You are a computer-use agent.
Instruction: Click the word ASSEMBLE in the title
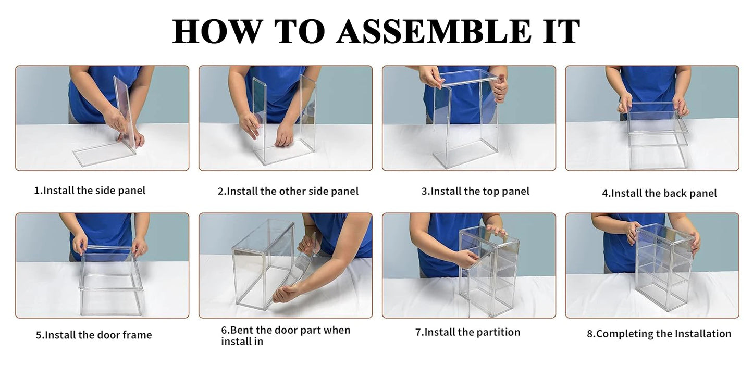pyautogui.click(x=434, y=31)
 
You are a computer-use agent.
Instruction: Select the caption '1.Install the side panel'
pyautogui.click(x=90, y=191)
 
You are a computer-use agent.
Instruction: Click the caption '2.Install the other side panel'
pyautogui.click(x=288, y=191)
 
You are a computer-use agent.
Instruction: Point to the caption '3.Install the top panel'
pyautogui.click(x=475, y=191)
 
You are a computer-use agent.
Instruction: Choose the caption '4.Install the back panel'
pyautogui.click(x=659, y=193)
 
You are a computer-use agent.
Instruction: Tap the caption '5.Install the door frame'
pyautogui.click(x=94, y=335)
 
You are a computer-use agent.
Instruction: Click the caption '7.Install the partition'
pyautogui.click(x=467, y=332)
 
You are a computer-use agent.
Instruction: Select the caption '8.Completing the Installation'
pyautogui.click(x=659, y=334)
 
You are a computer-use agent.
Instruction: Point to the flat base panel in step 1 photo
pyautogui.click(x=105, y=154)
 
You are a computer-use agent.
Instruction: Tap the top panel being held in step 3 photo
pyautogui.click(x=468, y=78)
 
